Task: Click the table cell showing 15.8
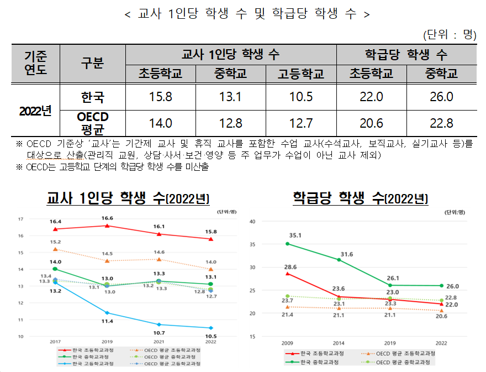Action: (161, 97)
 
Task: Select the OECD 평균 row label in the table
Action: (92, 123)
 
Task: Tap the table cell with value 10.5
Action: (301, 97)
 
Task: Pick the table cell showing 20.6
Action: (371, 123)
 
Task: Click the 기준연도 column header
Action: (35, 64)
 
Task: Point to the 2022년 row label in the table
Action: (35, 110)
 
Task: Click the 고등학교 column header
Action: (301, 74)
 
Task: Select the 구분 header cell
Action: (92, 64)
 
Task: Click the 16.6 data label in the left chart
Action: (107, 218)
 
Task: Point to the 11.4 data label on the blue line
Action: (107, 321)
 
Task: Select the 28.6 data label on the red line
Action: (290, 267)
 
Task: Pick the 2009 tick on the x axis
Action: (287, 343)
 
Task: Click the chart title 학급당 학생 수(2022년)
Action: (360, 198)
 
